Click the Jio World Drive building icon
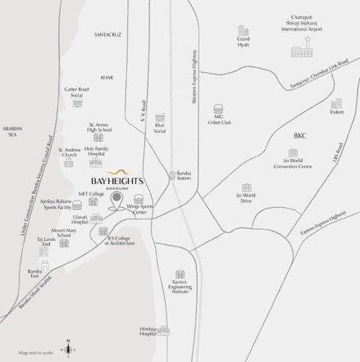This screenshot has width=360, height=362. pyautogui.click(x=248, y=187)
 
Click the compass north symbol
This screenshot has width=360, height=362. pyautogui.click(x=68, y=348)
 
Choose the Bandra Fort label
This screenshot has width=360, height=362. pyautogui.click(x=35, y=276)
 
